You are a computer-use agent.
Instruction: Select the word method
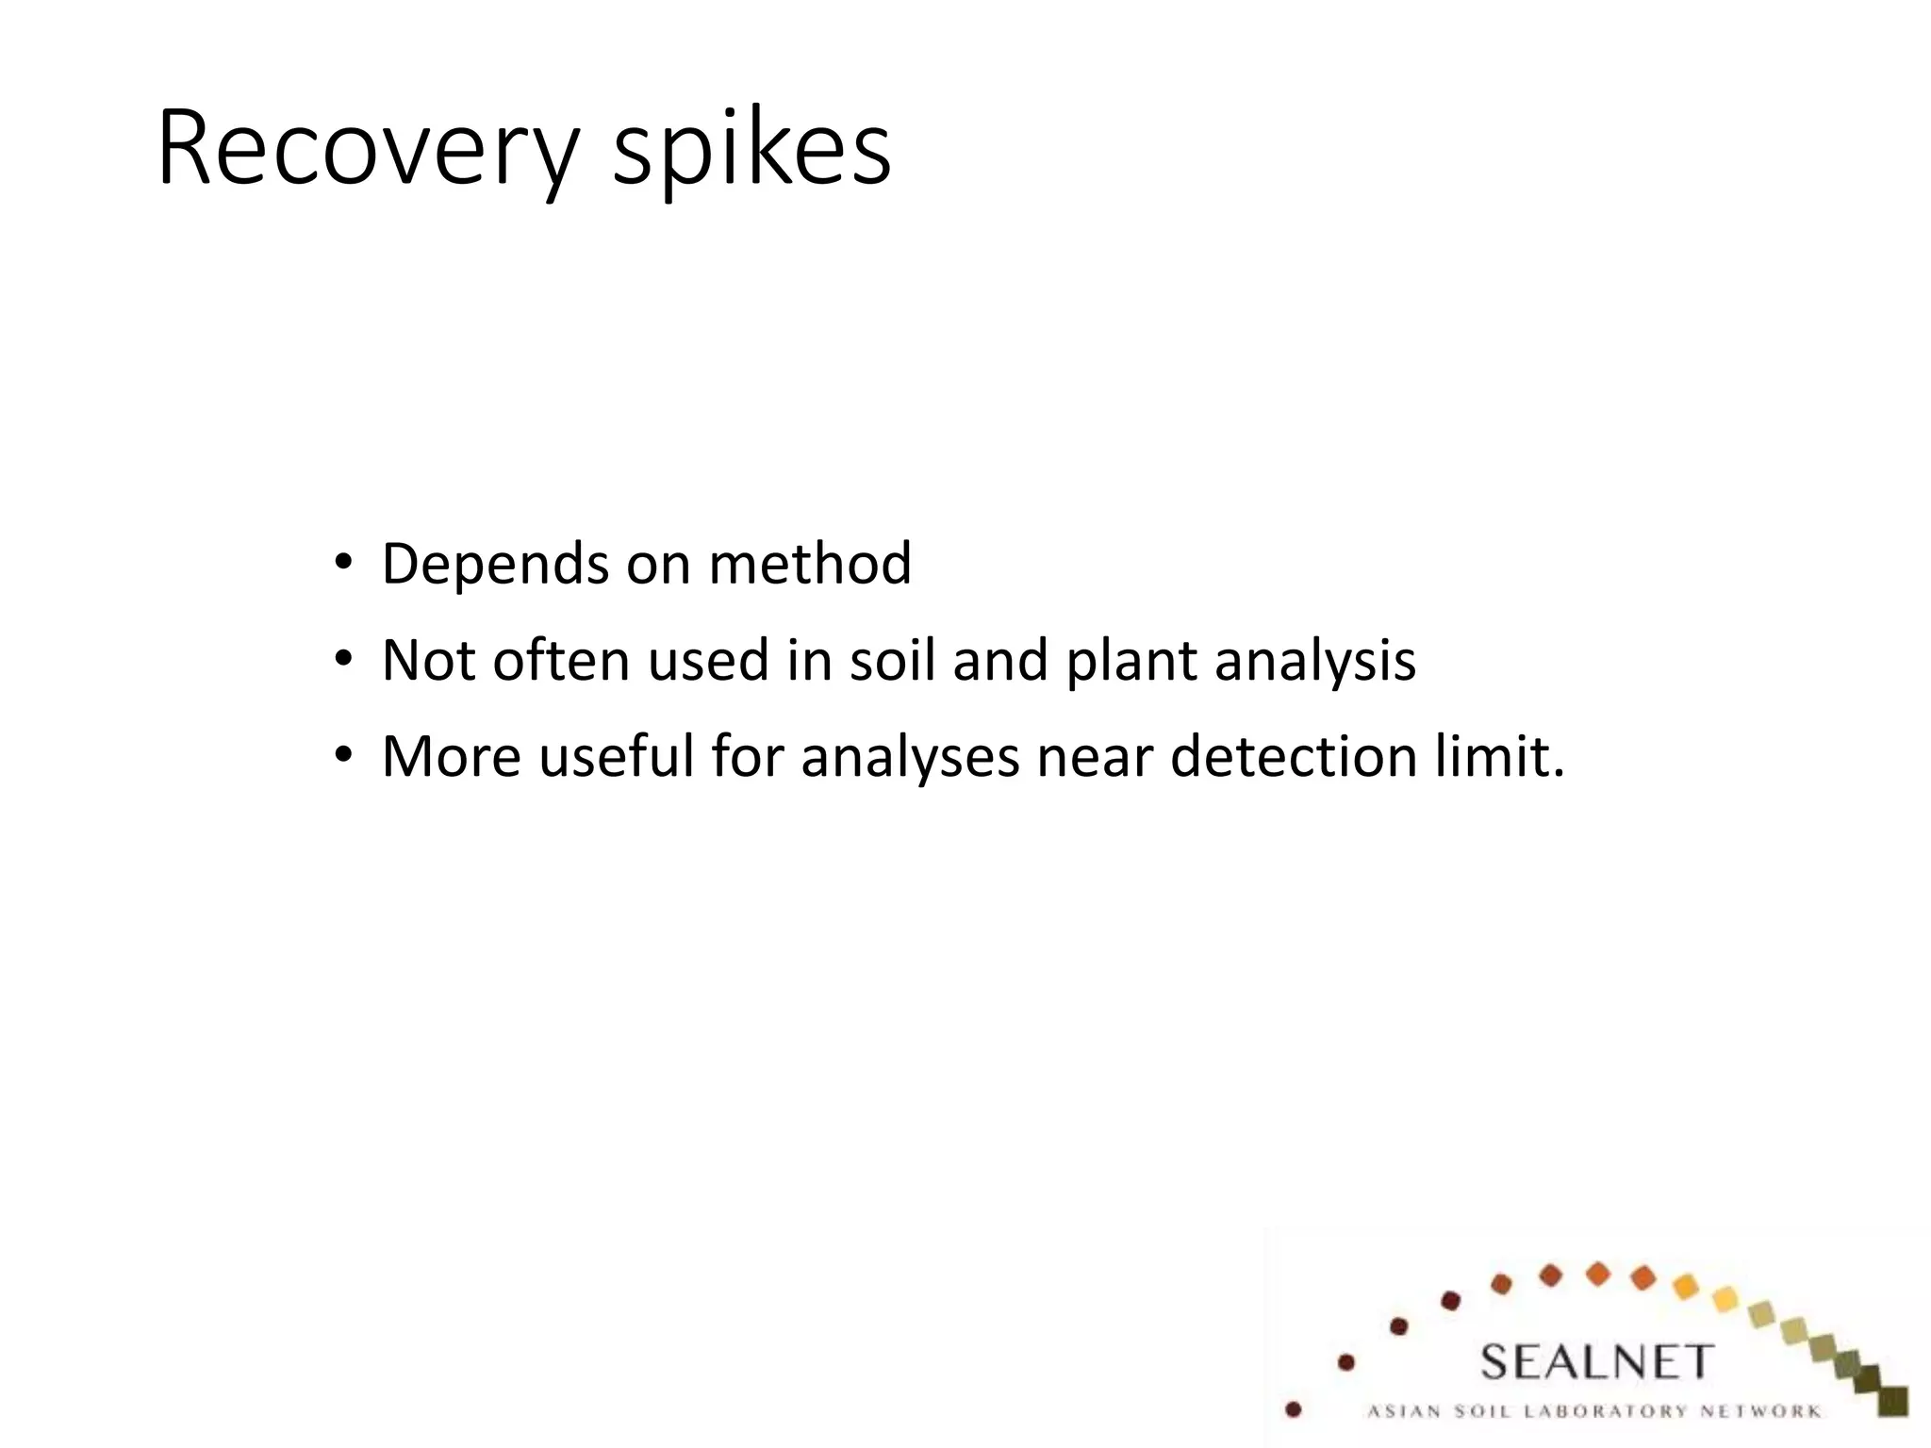tap(810, 563)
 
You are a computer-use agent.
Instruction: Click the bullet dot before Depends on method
tap(343, 564)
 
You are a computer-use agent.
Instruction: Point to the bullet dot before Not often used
tap(343, 659)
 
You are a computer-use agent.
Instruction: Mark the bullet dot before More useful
tap(343, 755)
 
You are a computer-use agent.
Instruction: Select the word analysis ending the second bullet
tap(1314, 661)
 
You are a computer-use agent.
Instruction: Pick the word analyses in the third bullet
tap(910, 757)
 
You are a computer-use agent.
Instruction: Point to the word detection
tap(1292, 755)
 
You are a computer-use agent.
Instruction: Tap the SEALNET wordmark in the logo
tap(1595, 1362)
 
